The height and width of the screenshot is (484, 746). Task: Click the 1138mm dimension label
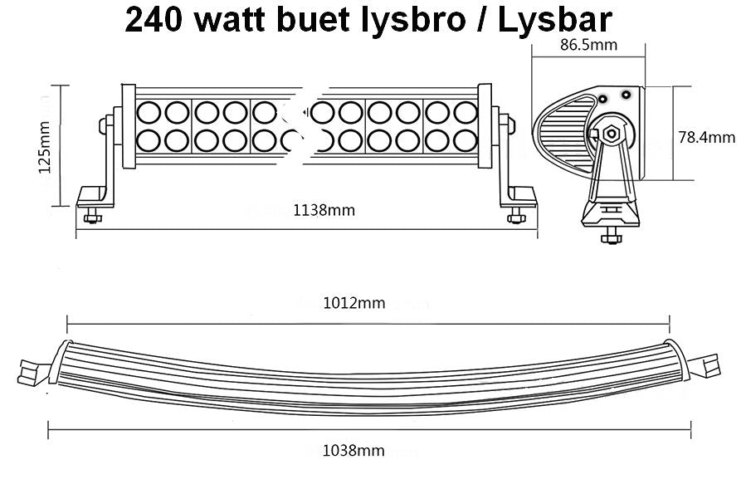pyautogui.click(x=324, y=210)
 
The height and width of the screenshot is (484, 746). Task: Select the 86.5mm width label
pyautogui.click(x=588, y=45)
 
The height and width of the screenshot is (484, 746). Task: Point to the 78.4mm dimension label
pyautogui.click(x=707, y=137)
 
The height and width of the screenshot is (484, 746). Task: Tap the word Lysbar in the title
pyautogui.click(x=560, y=20)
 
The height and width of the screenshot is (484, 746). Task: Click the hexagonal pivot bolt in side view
pyautogui.click(x=611, y=133)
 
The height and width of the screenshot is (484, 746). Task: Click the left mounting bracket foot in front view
pyautogui.click(x=95, y=198)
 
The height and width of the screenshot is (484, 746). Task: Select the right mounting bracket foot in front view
pyautogui.click(x=518, y=198)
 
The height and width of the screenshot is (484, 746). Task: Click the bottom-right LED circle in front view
pyautogui.click(x=466, y=140)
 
